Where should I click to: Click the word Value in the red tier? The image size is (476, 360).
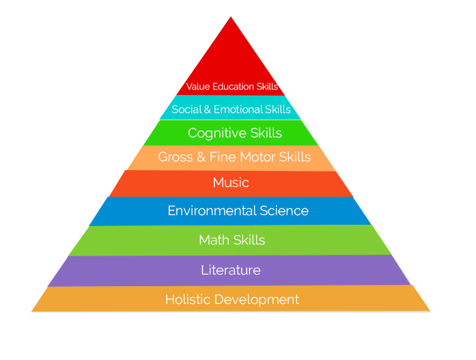[198, 87]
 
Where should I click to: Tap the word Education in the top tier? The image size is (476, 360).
[233, 87]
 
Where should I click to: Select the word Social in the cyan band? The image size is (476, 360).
[186, 109]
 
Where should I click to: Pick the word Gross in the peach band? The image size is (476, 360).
[176, 157]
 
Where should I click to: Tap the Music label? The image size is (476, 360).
[231, 182]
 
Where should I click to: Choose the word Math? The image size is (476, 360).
[214, 240]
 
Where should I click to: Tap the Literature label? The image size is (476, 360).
[231, 270]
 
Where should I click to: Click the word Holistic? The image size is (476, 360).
[188, 299]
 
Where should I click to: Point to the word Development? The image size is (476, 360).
[257, 300]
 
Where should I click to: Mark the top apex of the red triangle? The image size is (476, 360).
[231, 16]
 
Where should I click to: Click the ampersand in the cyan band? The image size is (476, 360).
[208, 109]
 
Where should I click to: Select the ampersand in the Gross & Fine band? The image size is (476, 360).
[201, 157]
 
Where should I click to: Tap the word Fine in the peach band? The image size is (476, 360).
[223, 157]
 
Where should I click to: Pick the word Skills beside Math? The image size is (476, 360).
[249, 240]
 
